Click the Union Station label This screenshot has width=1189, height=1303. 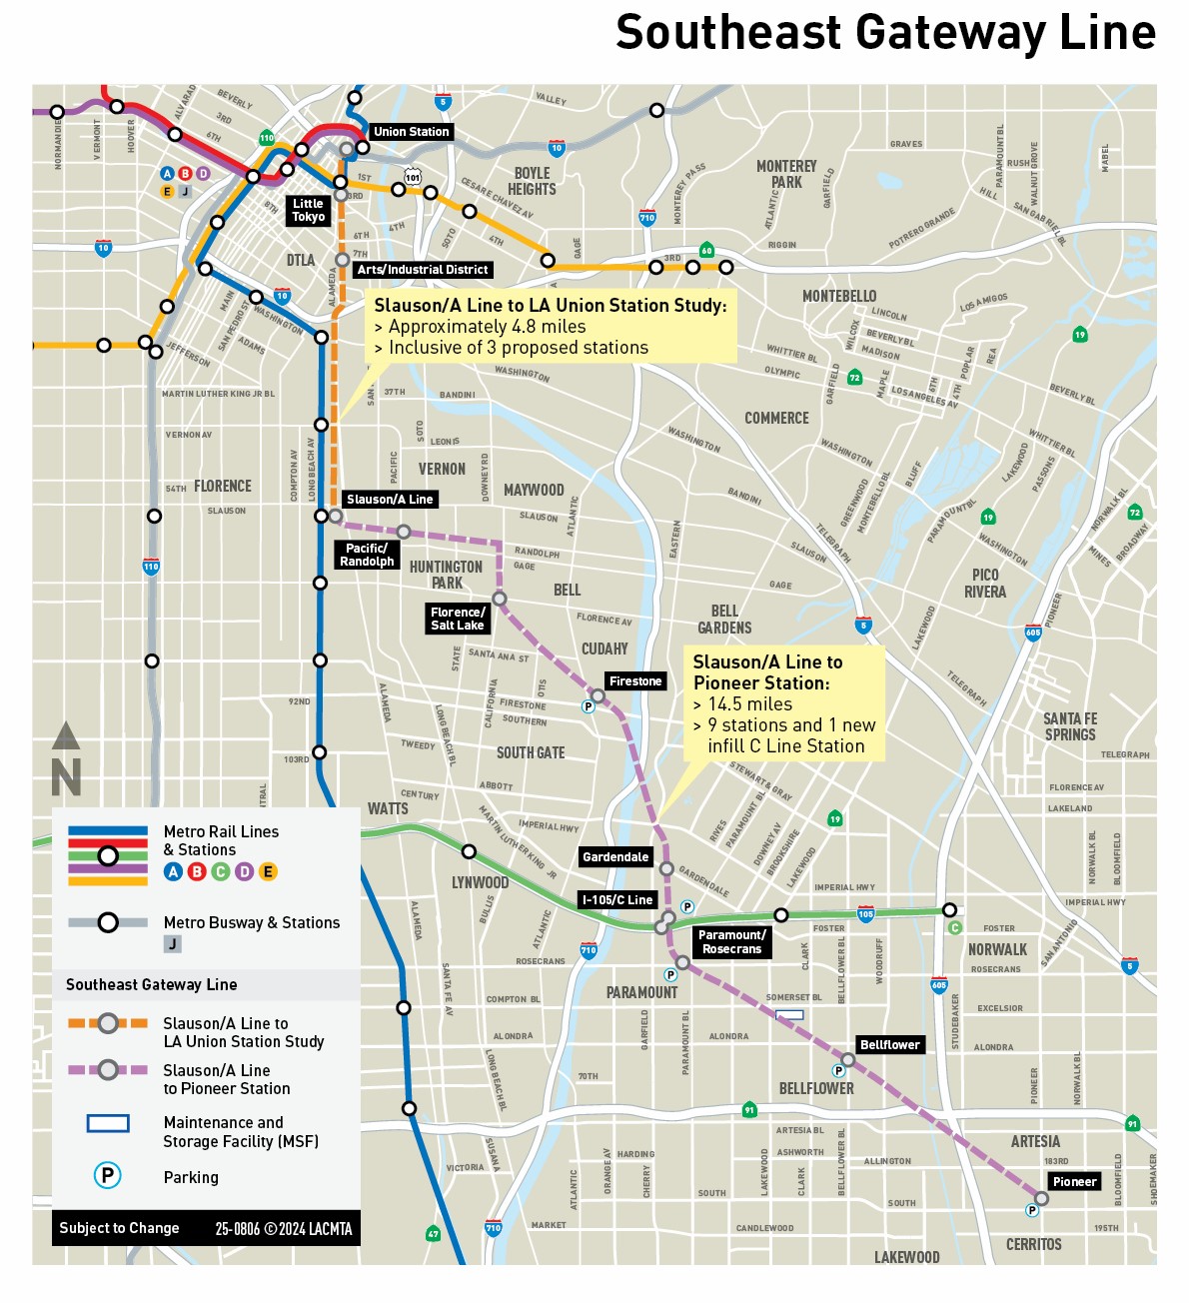click(x=411, y=132)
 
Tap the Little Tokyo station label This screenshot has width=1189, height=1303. click(x=308, y=210)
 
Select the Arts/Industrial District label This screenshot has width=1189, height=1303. click(x=423, y=270)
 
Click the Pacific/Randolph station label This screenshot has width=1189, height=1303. click(x=367, y=555)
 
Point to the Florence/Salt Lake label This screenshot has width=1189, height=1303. click(x=458, y=619)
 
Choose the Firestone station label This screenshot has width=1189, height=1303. click(x=635, y=681)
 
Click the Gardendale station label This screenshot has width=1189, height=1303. click(x=615, y=857)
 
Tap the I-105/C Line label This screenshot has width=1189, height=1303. click(x=617, y=900)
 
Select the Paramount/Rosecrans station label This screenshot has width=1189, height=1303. click(x=732, y=942)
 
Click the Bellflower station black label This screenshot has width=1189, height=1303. click(x=889, y=1045)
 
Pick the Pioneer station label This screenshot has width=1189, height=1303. click(x=1074, y=1182)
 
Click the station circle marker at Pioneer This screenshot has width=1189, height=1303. click(x=1041, y=1198)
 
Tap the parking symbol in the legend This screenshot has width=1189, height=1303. click(x=107, y=1176)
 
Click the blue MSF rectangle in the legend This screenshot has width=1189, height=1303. click(x=108, y=1123)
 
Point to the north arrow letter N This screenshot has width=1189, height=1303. click(x=66, y=777)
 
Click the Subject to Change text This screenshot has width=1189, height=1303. click(x=119, y=1228)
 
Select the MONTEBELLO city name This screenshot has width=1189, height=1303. click(x=839, y=296)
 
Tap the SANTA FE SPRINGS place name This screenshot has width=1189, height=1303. click(x=1070, y=726)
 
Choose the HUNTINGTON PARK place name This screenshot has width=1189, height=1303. click(x=446, y=575)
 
